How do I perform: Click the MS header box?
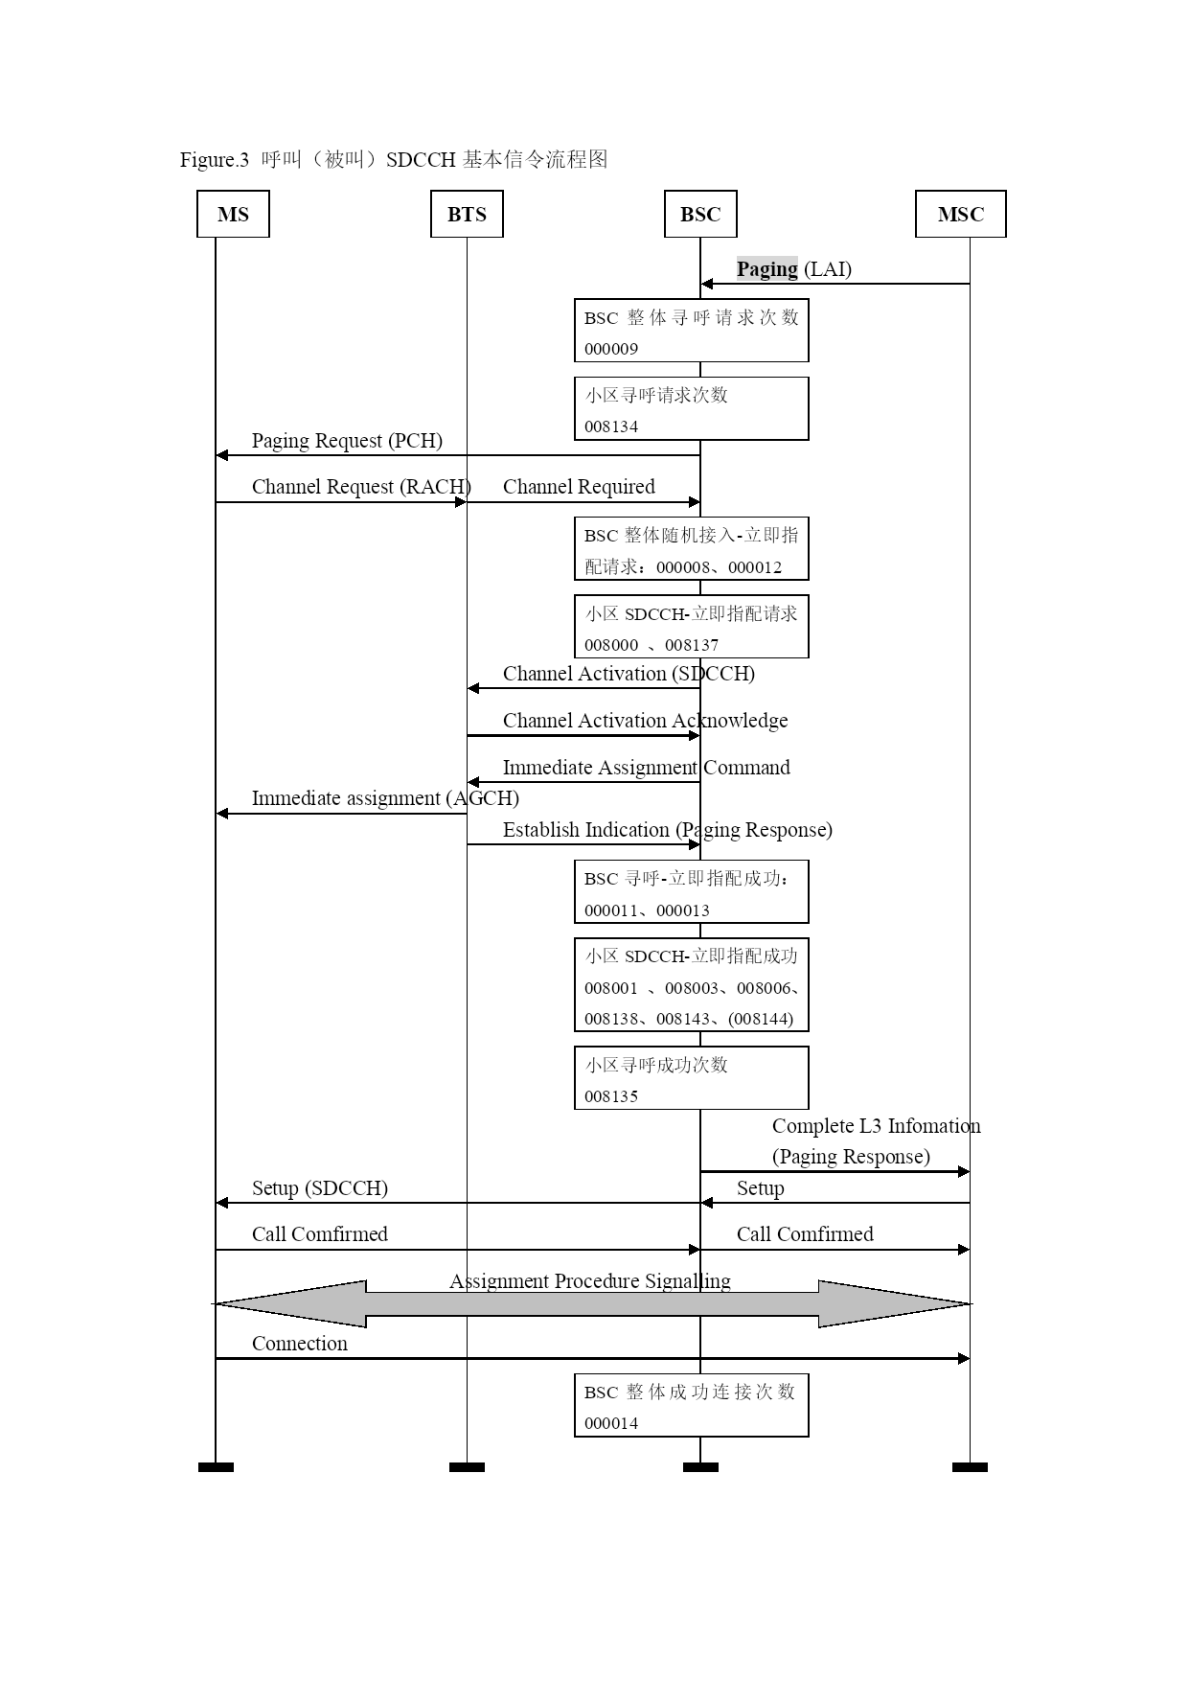click(x=233, y=214)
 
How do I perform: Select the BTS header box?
click(x=467, y=214)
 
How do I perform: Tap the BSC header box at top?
click(x=700, y=214)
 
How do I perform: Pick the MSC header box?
click(x=960, y=214)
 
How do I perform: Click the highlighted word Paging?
click(x=766, y=269)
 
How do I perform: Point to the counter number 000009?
click(x=611, y=349)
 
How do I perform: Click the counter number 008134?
click(x=611, y=426)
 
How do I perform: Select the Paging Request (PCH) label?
click(x=347, y=441)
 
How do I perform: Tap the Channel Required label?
click(x=579, y=487)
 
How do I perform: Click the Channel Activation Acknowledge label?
click(x=645, y=721)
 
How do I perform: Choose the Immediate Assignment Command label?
click(x=646, y=768)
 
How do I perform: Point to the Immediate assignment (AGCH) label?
click(x=385, y=798)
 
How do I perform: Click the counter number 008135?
click(x=611, y=1096)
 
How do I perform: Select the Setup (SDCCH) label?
click(x=320, y=1188)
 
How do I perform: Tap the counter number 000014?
click(x=611, y=1423)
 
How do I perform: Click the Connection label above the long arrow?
click(x=300, y=1344)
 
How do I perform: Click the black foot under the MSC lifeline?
click(x=970, y=1467)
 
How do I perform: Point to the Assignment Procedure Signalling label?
click(x=590, y=1281)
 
